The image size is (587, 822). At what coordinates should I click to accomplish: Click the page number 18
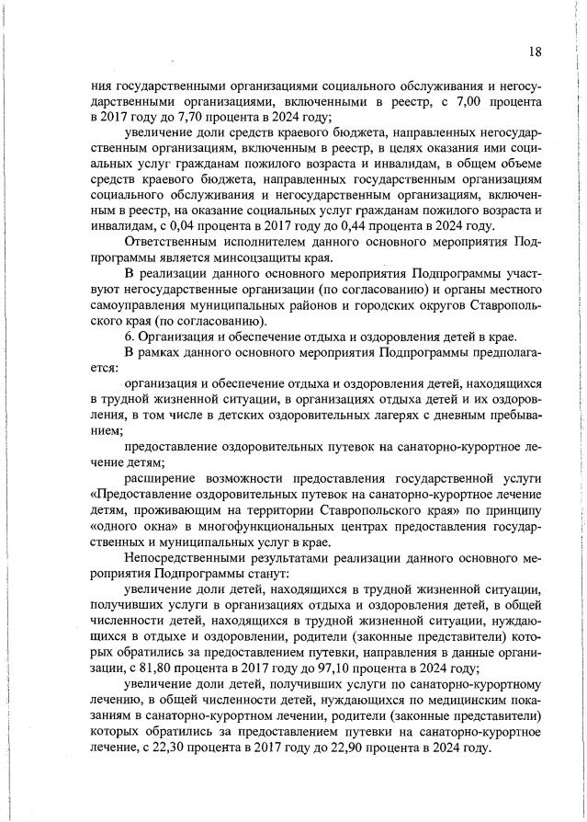[x=535, y=52]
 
